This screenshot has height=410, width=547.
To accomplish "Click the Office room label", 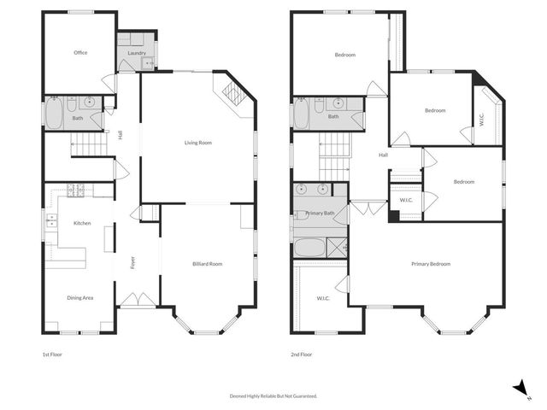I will (80, 53).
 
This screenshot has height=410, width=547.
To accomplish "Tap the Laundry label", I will (137, 53).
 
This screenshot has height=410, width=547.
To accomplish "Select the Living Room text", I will (198, 143).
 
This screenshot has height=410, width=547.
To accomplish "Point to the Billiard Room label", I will (208, 265).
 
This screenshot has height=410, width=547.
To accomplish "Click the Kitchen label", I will (82, 223).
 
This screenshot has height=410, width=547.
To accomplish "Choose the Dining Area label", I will (80, 297).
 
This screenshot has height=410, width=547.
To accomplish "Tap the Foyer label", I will (132, 264).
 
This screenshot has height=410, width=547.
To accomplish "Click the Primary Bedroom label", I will (428, 264).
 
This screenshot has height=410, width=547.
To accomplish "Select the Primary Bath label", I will (320, 213).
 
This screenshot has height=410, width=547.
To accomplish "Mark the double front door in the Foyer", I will (137, 300).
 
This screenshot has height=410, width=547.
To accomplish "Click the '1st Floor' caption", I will (52, 354).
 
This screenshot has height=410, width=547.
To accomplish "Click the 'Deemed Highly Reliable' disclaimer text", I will (273, 396).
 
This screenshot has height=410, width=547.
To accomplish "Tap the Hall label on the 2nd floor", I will (384, 155).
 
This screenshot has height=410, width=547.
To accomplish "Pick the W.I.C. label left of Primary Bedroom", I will (323, 298).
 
